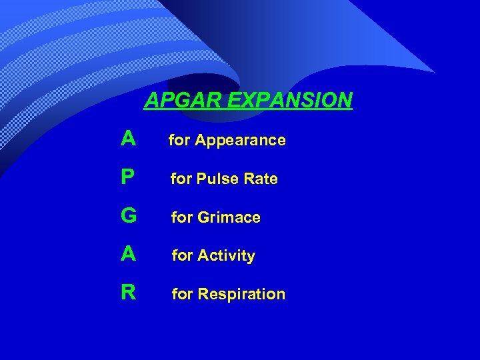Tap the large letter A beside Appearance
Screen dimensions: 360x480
[x=129, y=139]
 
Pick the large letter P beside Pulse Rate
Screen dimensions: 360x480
[x=129, y=177]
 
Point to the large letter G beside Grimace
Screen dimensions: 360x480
[x=129, y=216]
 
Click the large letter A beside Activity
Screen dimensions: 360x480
[x=129, y=254]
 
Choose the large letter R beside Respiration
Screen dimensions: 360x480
[x=129, y=293]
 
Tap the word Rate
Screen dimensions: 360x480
[x=261, y=179]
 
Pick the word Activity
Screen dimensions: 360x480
[x=226, y=256]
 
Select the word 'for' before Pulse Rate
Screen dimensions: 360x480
[x=181, y=179]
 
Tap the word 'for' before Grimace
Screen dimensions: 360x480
[x=181, y=217]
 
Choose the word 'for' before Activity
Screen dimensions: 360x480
[x=182, y=255]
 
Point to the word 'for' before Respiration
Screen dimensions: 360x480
[x=182, y=294]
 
